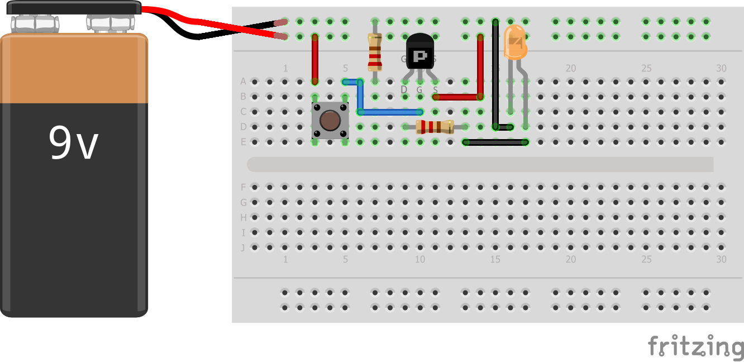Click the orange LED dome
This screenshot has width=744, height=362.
tap(515, 43)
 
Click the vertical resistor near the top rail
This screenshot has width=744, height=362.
tap(375, 51)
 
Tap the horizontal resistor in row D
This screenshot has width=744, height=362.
tap(435, 127)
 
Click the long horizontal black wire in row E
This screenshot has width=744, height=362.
tap(495, 142)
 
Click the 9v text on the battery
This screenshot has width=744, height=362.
tap(73, 143)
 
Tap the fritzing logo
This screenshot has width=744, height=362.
tap(695, 346)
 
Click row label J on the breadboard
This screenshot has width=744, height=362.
tap(243, 247)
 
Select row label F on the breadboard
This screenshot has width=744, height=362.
tap(243, 187)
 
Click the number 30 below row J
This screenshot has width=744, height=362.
tap(721, 259)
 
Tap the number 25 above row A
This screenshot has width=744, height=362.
tap(646, 68)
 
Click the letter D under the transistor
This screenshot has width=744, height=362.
tap(404, 89)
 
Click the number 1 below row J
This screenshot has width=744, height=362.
tap(285, 259)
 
